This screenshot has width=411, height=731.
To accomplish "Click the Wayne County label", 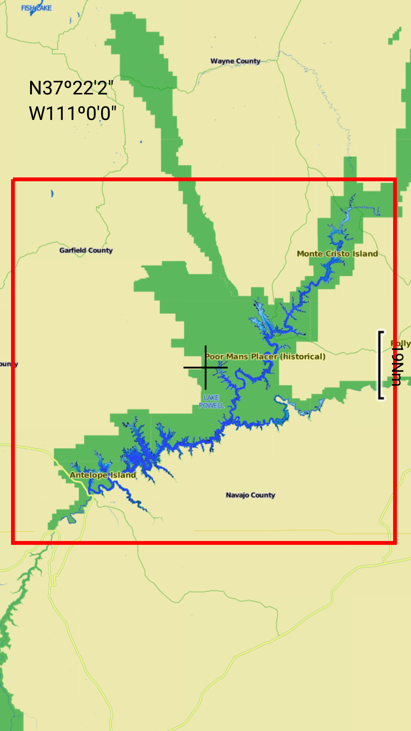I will pyautogui.click(x=235, y=61).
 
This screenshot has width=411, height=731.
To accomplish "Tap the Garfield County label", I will pyautogui.click(x=86, y=250).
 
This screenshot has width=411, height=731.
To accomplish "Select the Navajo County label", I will pyautogui.click(x=250, y=495).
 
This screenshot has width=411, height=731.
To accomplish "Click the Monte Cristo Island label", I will pyautogui.click(x=337, y=254).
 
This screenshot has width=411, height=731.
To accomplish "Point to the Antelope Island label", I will pyautogui.click(x=103, y=475).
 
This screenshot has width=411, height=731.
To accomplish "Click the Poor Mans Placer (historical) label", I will pyautogui.click(x=265, y=356).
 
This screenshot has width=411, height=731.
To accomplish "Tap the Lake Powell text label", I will pyautogui.click(x=211, y=401).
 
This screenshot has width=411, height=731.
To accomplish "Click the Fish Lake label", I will pyautogui.click(x=36, y=8).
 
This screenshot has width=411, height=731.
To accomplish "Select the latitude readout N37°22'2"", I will pyautogui.click(x=71, y=88).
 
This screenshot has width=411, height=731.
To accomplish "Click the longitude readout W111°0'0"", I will pyautogui.click(x=72, y=113).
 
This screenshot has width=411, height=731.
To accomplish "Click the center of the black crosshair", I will pyautogui.click(x=205, y=367).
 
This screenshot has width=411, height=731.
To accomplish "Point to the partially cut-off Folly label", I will pyautogui.click(x=401, y=343).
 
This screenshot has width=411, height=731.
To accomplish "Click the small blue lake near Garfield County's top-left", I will pyautogui.click(x=52, y=194).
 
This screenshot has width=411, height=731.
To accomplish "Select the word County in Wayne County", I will pyautogui.click(x=247, y=61).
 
